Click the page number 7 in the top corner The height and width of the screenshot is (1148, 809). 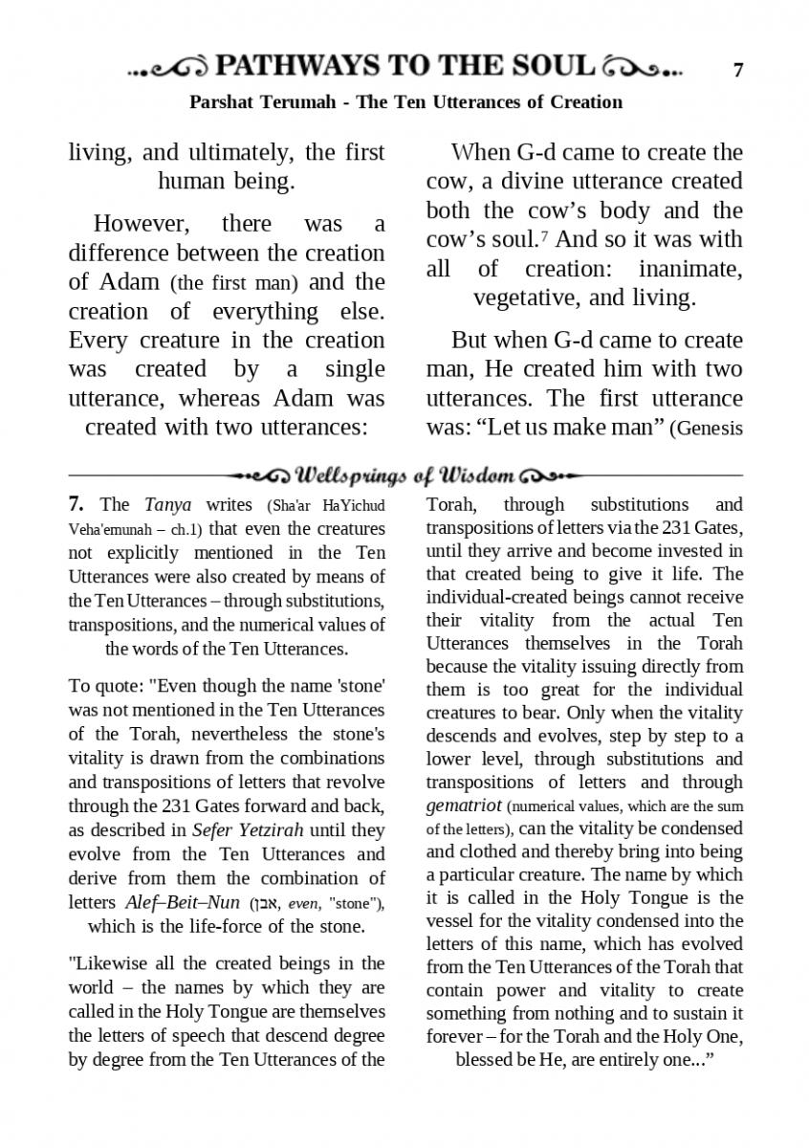(x=737, y=70)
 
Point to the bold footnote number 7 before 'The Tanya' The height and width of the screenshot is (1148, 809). (x=77, y=504)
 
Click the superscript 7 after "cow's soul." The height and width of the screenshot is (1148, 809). (x=541, y=234)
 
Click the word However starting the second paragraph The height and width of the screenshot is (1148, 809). (x=142, y=224)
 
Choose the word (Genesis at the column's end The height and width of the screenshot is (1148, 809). (x=710, y=428)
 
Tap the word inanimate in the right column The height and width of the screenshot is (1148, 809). (x=690, y=268)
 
